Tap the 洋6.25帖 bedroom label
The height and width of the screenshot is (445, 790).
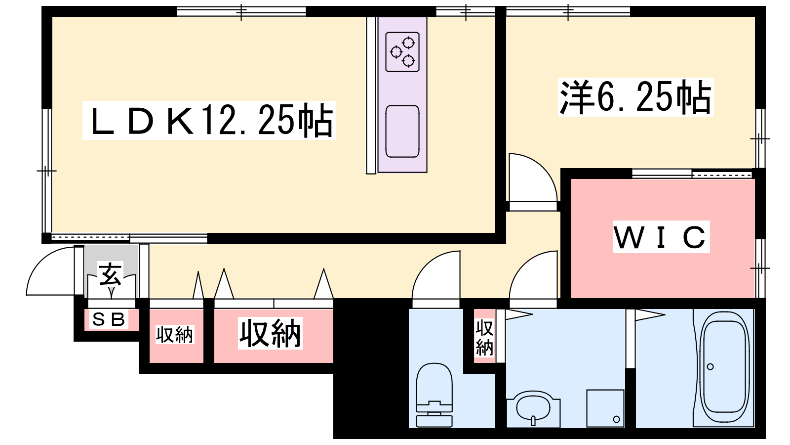click(x=635, y=97)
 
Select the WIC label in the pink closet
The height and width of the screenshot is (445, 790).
click(x=661, y=237)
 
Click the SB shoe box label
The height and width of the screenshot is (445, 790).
click(x=109, y=319)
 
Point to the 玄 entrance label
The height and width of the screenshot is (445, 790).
click(x=110, y=274)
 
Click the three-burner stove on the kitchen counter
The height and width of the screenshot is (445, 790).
click(x=402, y=52)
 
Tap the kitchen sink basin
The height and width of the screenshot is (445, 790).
click(x=402, y=132)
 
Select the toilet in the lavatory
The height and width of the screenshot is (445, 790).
click(x=434, y=395)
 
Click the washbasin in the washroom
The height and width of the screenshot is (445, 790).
click(x=533, y=408)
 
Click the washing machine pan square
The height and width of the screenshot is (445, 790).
click(x=605, y=408)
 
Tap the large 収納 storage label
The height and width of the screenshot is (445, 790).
click(x=270, y=333)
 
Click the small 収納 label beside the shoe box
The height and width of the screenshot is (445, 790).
click(x=175, y=335)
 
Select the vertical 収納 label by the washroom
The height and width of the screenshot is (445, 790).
click(x=484, y=338)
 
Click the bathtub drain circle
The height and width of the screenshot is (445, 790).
click(x=711, y=366)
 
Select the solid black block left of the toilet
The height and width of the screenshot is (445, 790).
click(x=371, y=368)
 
